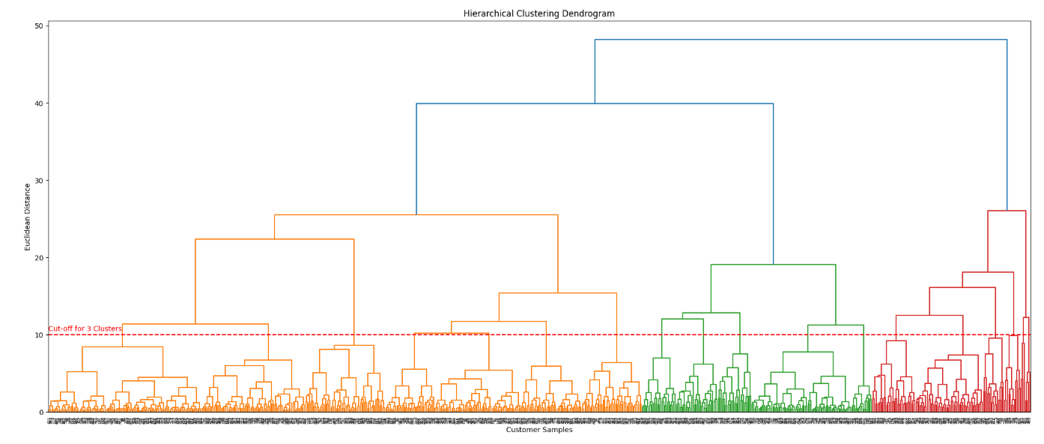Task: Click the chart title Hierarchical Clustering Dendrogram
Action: point(538,13)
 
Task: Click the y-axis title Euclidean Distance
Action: point(28,217)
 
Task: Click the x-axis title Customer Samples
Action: point(538,430)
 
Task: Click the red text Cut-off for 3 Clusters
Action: point(85,328)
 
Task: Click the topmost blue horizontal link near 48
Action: point(801,40)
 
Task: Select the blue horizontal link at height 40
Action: point(595,103)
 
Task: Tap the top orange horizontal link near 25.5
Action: point(416,215)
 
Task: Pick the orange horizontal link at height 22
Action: point(274,239)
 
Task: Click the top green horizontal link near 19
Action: point(773,265)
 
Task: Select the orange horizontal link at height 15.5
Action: point(557,293)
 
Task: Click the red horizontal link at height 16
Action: point(962,287)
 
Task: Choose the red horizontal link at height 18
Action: point(988,272)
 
